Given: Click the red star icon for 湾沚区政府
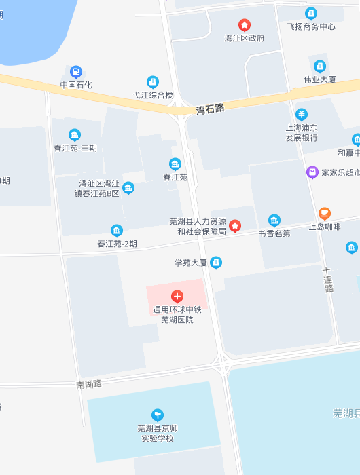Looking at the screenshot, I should (245, 25).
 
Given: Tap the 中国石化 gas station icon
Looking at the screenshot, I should (75, 71).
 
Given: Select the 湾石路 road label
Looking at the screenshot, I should (210, 108).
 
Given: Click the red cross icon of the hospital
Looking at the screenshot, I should (177, 296).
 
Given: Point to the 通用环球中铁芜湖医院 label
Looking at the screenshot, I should (177, 315).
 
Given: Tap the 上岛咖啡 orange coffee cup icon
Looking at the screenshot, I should (325, 213).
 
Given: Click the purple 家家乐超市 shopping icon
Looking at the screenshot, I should (312, 172).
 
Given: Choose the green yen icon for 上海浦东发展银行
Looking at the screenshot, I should (302, 114).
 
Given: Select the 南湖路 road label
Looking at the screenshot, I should (89, 384).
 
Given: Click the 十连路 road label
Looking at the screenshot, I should (329, 280).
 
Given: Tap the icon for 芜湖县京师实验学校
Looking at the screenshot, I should (158, 415).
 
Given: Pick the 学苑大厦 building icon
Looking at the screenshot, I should (216, 262).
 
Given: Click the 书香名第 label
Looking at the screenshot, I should (274, 233).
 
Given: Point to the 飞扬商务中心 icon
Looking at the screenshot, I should (311, 13).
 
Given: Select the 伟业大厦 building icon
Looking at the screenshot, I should (319, 66).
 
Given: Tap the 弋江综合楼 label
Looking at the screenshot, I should (153, 95).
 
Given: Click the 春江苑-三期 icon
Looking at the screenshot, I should (75, 135).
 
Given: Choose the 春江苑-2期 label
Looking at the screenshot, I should (117, 244).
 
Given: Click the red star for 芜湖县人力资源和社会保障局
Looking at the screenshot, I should (235, 225).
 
